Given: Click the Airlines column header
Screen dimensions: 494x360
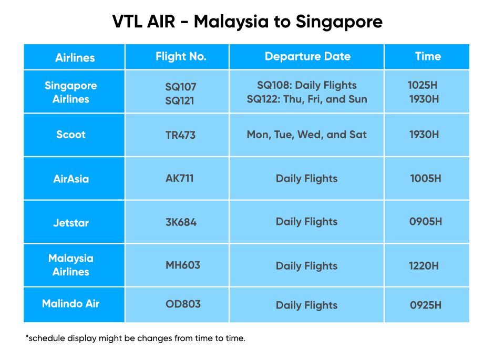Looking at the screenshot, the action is [75, 58].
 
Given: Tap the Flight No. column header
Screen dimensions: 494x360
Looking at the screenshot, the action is [181, 56].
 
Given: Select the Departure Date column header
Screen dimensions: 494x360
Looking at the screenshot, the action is [307, 56].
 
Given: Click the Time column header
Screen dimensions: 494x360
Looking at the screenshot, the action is [428, 56].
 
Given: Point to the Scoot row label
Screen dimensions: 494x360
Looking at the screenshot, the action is [71, 135].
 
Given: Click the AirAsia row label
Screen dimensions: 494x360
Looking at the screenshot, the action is [71, 179].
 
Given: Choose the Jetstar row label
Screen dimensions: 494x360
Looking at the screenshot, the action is [71, 223].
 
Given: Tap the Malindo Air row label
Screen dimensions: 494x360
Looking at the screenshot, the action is [70, 304].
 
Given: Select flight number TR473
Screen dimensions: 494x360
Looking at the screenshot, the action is [181, 135].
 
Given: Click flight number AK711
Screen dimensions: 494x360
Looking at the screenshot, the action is [180, 178].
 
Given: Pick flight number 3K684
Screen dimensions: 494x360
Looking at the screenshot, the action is [181, 222].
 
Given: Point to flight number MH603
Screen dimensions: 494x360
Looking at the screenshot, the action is [183, 265].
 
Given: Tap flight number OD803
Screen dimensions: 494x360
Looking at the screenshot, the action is [183, 304].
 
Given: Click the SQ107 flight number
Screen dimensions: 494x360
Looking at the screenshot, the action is [181, 87].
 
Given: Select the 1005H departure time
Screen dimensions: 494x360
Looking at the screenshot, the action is [426, 178].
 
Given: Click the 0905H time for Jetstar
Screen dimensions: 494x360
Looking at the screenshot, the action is [426, 221].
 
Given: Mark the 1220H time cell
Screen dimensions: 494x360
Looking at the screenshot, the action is [424, 266].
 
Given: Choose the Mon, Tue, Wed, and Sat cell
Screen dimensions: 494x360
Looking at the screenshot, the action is [306, 135].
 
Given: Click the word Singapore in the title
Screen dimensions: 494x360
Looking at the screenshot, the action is [339, 22].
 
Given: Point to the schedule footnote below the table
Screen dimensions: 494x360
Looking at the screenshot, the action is [136, 338].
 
